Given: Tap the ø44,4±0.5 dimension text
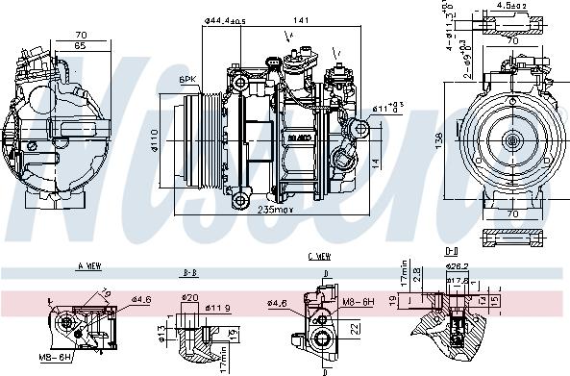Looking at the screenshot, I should pos(225,19).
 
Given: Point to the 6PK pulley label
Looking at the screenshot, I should pos(187,79).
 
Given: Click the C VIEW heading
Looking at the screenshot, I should pos(320,256).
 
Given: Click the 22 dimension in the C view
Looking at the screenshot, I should pos(354,329).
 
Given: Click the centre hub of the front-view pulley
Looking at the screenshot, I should pos(510,141).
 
